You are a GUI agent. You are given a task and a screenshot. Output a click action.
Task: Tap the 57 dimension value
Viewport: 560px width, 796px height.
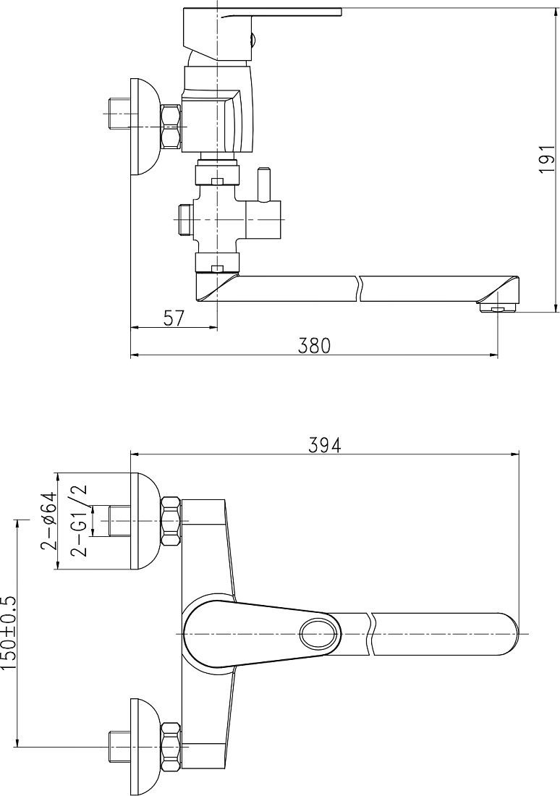(174, 318)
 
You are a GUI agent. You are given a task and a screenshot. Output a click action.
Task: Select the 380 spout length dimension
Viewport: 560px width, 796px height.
(313, 345)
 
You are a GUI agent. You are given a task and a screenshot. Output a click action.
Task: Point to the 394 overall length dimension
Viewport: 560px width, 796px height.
(325, 445)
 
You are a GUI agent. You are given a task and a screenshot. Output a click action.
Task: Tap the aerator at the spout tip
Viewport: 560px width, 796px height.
(498, 307)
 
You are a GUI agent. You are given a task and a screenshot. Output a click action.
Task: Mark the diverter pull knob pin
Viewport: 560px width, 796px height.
(265, 185)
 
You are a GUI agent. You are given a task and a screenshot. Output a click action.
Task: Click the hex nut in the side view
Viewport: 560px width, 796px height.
(171, 127)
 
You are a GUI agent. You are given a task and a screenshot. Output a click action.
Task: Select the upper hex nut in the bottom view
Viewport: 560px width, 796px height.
(171, 521)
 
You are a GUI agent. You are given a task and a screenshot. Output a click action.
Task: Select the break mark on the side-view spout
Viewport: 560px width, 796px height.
(360, 289)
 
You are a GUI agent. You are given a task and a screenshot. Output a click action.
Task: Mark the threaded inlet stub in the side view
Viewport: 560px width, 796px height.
(120, 114)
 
